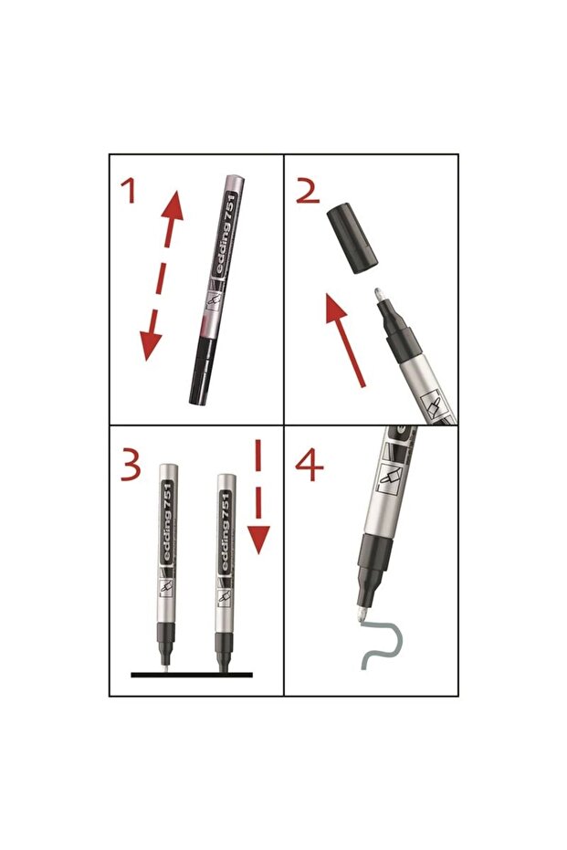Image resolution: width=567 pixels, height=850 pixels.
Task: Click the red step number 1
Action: pos(129,192)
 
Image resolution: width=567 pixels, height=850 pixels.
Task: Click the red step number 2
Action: pos(308,192)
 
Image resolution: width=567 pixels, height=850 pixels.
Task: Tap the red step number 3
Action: pos(130,467)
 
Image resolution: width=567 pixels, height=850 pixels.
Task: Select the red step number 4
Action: pos(309,467)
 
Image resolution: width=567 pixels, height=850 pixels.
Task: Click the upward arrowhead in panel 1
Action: pos(173,205)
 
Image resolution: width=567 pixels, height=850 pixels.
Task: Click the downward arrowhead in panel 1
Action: pos(150,345)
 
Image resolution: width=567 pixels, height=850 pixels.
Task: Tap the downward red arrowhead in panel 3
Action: pos(258,539)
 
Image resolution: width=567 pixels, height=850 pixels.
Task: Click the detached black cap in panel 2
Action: pos(352,237)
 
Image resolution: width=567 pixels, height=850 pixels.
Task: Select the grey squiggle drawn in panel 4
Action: pos(382,645)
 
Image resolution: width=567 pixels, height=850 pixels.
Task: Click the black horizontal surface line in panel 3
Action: pos(192,675)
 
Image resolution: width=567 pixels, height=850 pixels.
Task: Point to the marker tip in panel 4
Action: pos(361,615)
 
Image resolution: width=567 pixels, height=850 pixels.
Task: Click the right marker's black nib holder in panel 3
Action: pos(224,650)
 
